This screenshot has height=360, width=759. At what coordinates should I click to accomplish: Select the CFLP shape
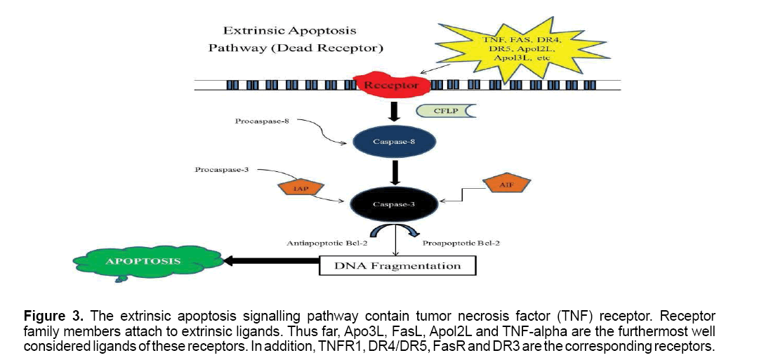click(x=440, y=111)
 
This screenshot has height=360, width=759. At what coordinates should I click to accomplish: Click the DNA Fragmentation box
click(x=397, y=265)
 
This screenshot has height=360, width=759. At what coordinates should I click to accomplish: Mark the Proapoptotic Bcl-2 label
click(x=457, y=244)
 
